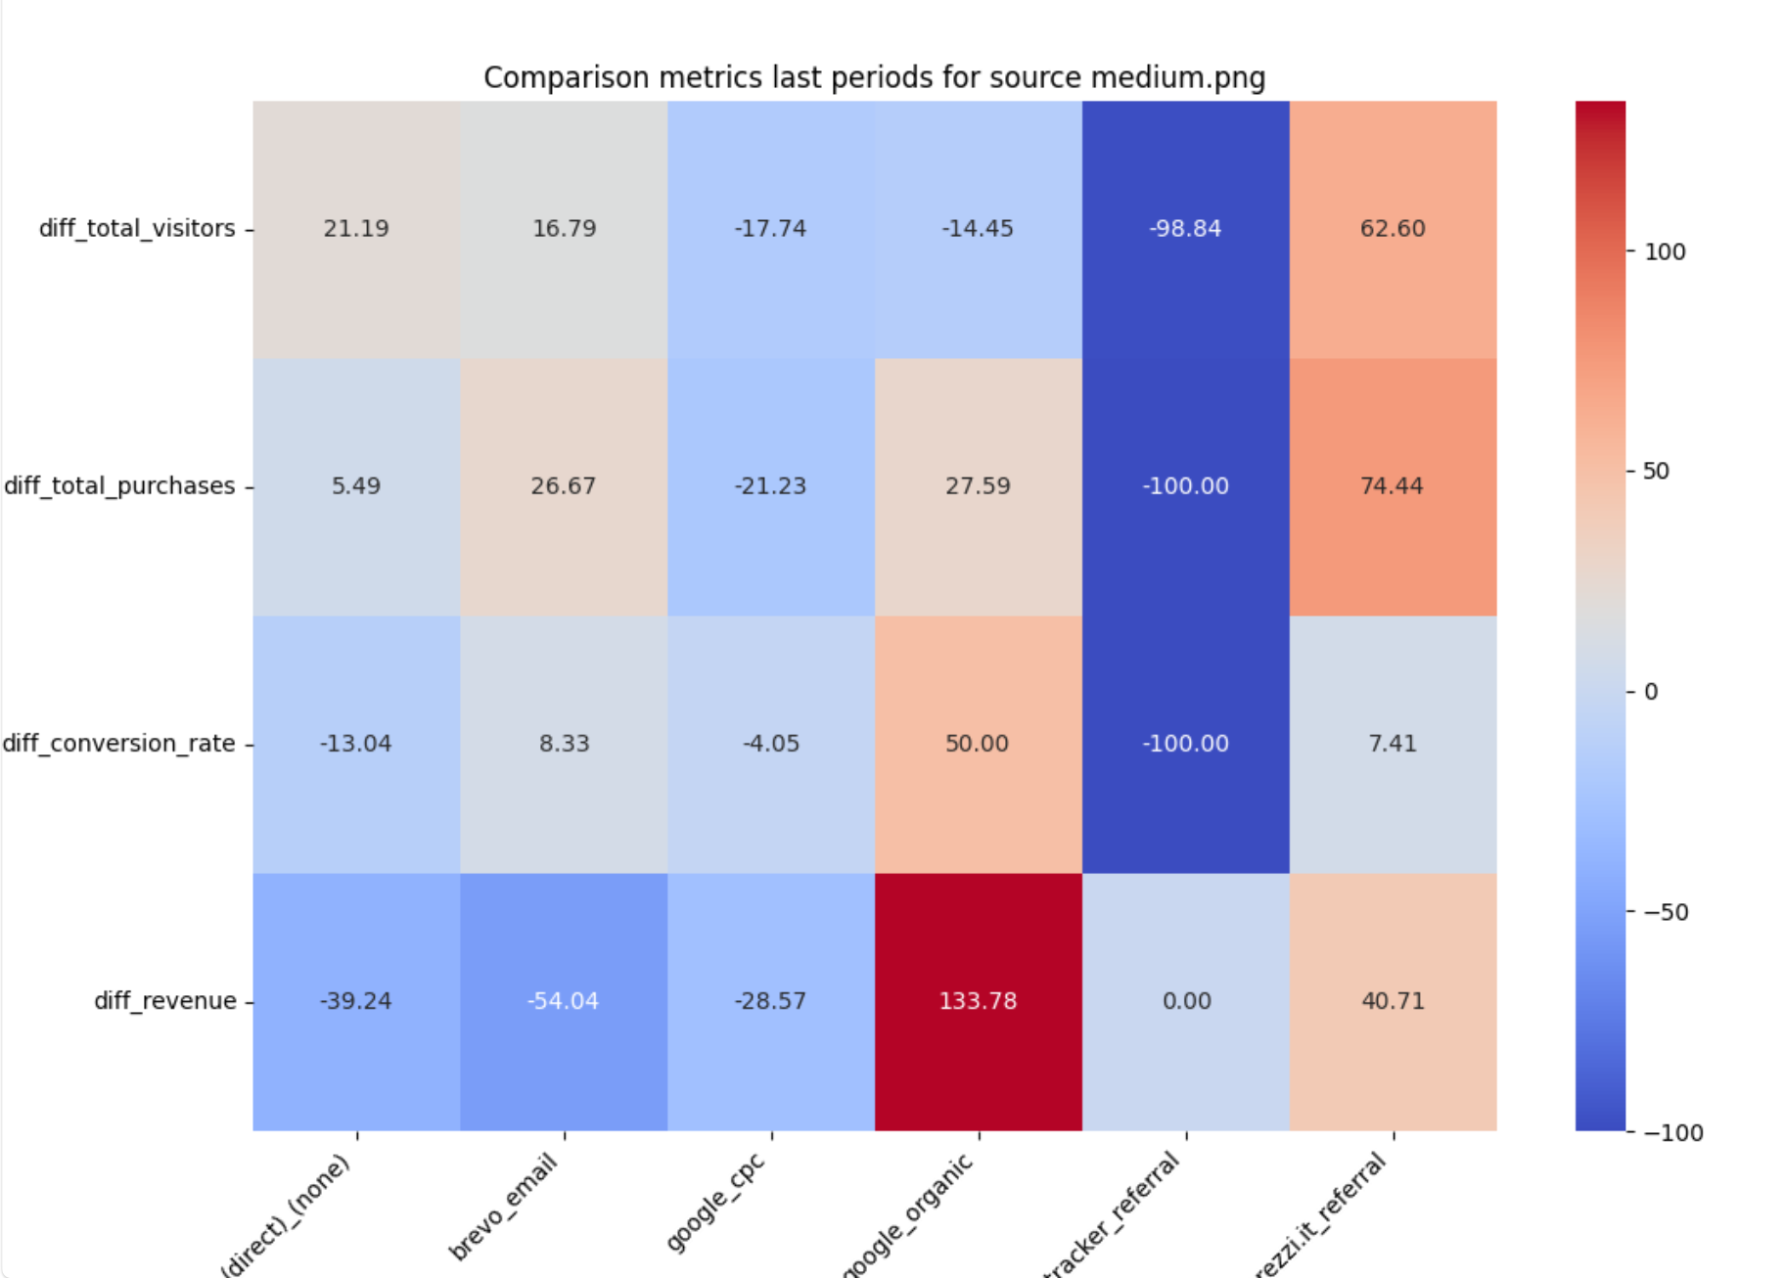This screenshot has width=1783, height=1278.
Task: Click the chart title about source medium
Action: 874,77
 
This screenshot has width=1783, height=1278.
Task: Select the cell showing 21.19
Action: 356,228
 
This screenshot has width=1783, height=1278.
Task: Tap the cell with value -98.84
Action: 1185,228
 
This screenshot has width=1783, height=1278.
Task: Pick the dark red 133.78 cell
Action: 978,1001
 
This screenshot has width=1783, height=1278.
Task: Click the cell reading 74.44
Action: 1392,485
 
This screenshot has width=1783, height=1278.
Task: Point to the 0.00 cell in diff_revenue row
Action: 1186,1001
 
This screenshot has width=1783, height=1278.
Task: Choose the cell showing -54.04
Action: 563,1001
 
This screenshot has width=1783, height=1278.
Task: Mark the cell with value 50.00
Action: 977,744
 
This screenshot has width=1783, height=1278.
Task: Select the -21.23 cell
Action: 770,485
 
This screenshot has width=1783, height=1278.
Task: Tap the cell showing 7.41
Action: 1392,744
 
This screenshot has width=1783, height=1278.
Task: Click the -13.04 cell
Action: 355,744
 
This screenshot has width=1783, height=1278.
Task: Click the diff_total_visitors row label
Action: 137,228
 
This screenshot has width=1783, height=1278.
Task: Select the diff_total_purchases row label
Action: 119,485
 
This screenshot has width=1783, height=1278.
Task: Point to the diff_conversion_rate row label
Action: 118,744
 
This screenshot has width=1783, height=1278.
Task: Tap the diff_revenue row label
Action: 164,1001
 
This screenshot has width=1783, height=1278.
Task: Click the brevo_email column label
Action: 503,1207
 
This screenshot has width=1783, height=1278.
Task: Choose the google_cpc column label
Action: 715,1203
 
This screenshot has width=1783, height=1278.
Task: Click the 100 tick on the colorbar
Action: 1665,251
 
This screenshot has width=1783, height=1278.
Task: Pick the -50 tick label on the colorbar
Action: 1667,912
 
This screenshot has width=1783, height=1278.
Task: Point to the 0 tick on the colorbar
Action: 1651,692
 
